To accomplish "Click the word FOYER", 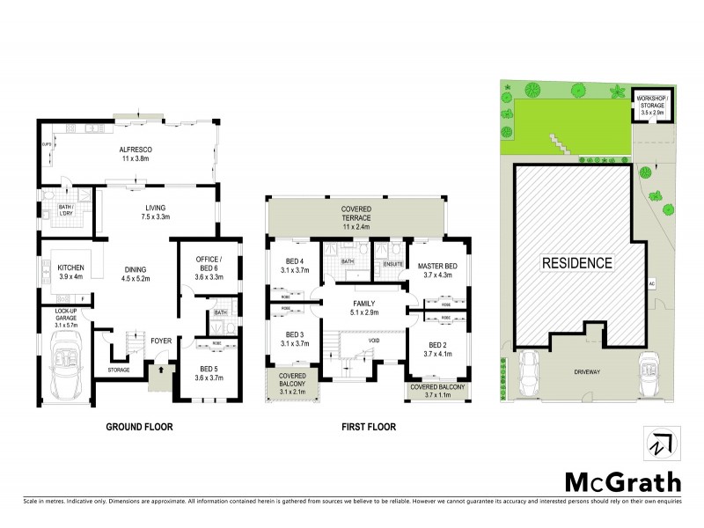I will (160, 341).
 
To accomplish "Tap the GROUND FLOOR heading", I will (139, 428).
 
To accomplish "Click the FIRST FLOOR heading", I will (369, 428).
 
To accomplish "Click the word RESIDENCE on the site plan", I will (576, 262).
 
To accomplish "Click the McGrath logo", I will (621, 481).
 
